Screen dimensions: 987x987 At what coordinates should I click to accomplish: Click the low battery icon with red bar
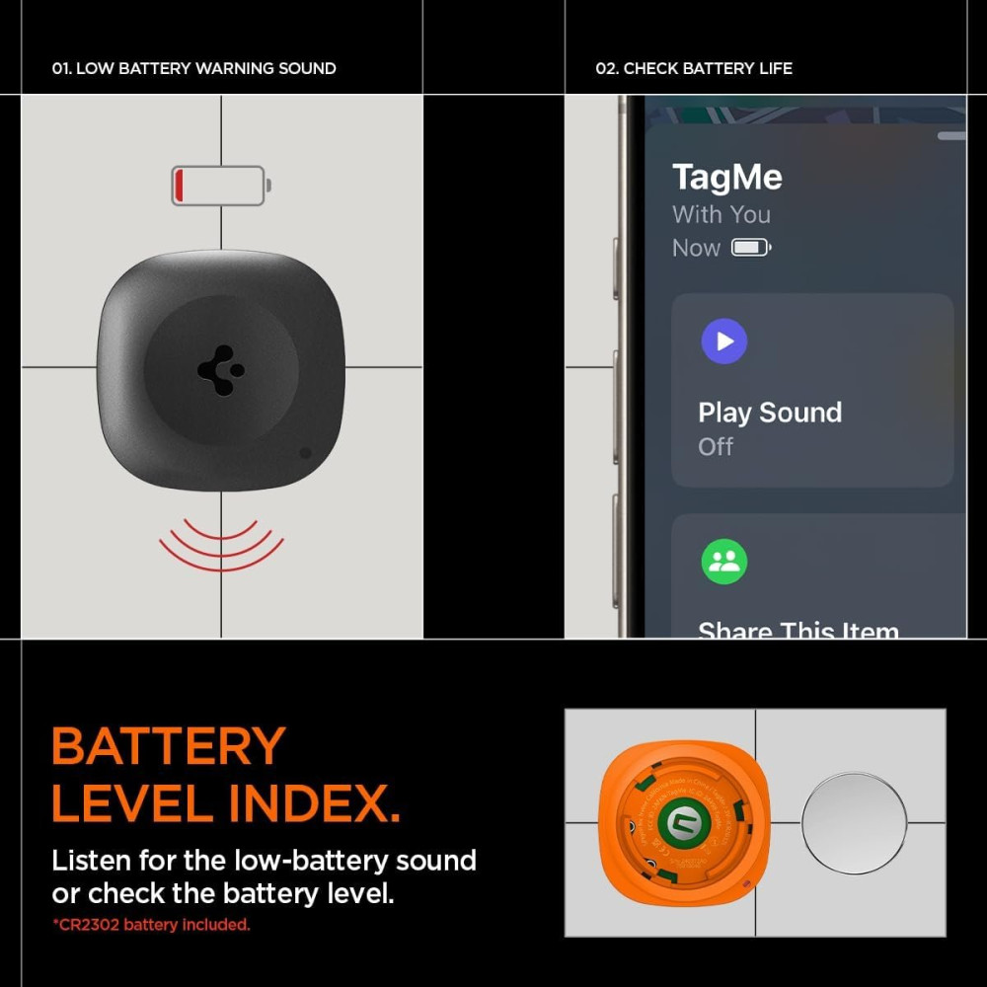220,186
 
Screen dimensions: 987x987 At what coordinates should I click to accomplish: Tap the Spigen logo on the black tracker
221,371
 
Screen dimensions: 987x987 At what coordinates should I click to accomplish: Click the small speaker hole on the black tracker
305,453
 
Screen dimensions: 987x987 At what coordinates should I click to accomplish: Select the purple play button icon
723,342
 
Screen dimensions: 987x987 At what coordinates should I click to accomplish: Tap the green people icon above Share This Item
723,562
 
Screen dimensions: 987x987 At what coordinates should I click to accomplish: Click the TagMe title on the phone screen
726,178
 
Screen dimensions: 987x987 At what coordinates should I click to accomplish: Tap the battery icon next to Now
750,248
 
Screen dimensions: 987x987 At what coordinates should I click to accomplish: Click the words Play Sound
770,413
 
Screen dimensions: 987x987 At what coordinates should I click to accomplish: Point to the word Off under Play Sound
716,446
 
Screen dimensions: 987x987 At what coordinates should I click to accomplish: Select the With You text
721,214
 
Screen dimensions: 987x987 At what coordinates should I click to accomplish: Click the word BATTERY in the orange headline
169,747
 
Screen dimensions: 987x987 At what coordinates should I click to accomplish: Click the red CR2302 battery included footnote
151,925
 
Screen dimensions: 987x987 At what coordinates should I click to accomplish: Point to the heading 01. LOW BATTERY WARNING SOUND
193,68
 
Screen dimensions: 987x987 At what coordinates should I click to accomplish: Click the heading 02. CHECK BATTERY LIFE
694,68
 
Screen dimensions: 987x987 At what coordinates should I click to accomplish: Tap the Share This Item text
797,629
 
